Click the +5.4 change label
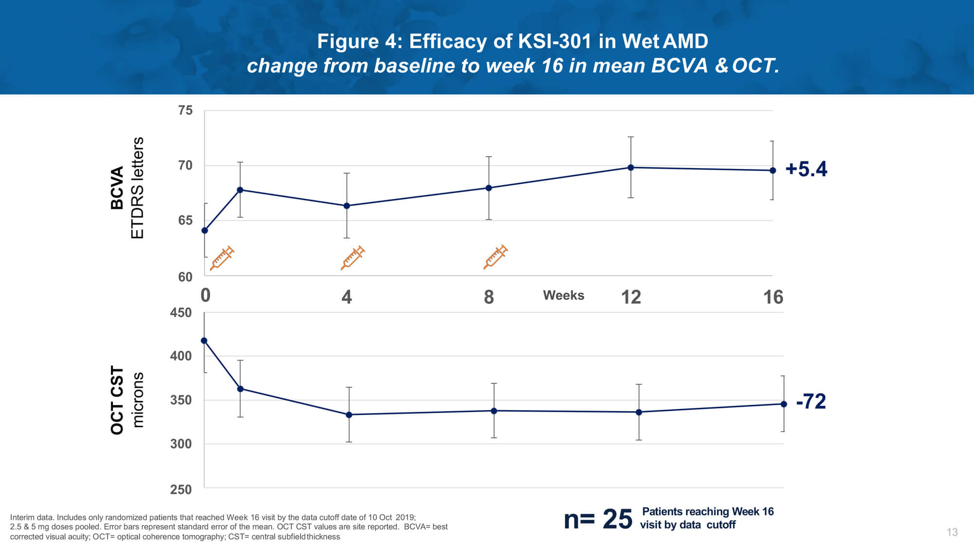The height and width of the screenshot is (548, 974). (806, 169)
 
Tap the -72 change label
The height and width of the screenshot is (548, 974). (811, 401)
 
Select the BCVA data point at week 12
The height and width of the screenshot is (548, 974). (631, 168)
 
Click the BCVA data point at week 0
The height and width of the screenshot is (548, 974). (205, 230)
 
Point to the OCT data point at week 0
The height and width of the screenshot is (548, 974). (204, 340)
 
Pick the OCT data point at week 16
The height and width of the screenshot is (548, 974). (784, 404)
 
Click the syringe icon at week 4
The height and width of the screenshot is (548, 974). (353, 258)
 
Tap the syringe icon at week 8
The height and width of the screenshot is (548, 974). (495, 257)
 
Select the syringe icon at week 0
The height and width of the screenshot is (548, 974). (222, 258)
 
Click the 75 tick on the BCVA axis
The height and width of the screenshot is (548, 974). (185, 111)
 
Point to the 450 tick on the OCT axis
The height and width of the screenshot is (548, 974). (181, 312)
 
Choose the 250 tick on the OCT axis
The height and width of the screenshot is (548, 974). (181, 489)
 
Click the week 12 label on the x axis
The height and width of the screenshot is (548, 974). (631, 297)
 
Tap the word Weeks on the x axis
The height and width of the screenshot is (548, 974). (563, 295)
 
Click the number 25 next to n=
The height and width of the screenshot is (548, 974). (617, 519)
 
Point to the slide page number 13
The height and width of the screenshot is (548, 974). (952, 532)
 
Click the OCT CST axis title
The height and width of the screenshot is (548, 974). (117, 400)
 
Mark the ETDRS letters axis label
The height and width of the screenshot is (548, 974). (137, 188)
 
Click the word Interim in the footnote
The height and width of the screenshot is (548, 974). (22, 517)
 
